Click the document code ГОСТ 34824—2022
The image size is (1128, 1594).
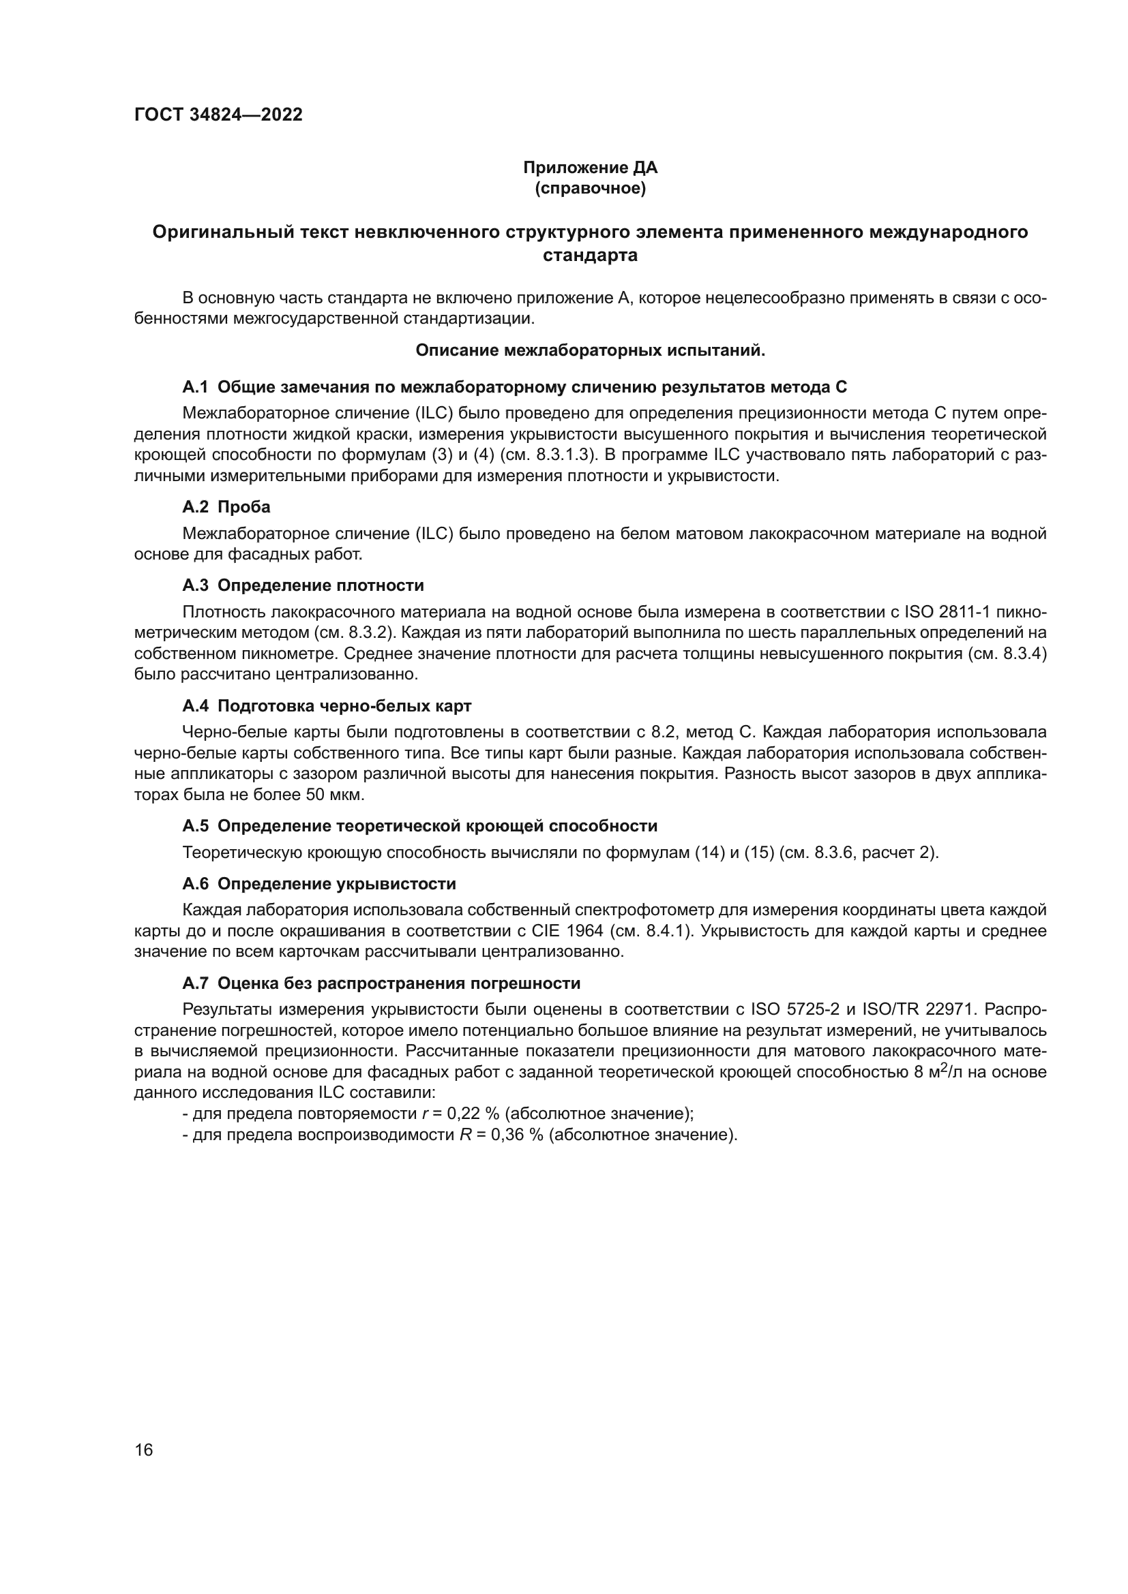pyautogui.click(x=218, y=114)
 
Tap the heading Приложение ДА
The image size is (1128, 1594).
pyautogui.click(x=590, y=168)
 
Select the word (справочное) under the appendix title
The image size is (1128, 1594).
pyautogui.click(x=590, y=188)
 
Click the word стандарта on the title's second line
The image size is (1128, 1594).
pyautogui.click(x=590, y=256)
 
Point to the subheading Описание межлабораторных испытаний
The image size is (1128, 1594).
pyautogui.click(x=590, y=350)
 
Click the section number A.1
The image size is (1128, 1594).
pyautogui.click(x=195, y=386)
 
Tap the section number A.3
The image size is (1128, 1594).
pyautogui.click(x=195, y=585)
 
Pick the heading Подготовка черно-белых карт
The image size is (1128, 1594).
pyautogui.click(x=344, y=706)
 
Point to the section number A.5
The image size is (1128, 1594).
pyautogui.click(x=195, y=826)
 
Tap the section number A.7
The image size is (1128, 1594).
pyautogui.click(x=195, y=983)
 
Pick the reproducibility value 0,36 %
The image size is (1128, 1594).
pyautogui.click(x=513, y=1135)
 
